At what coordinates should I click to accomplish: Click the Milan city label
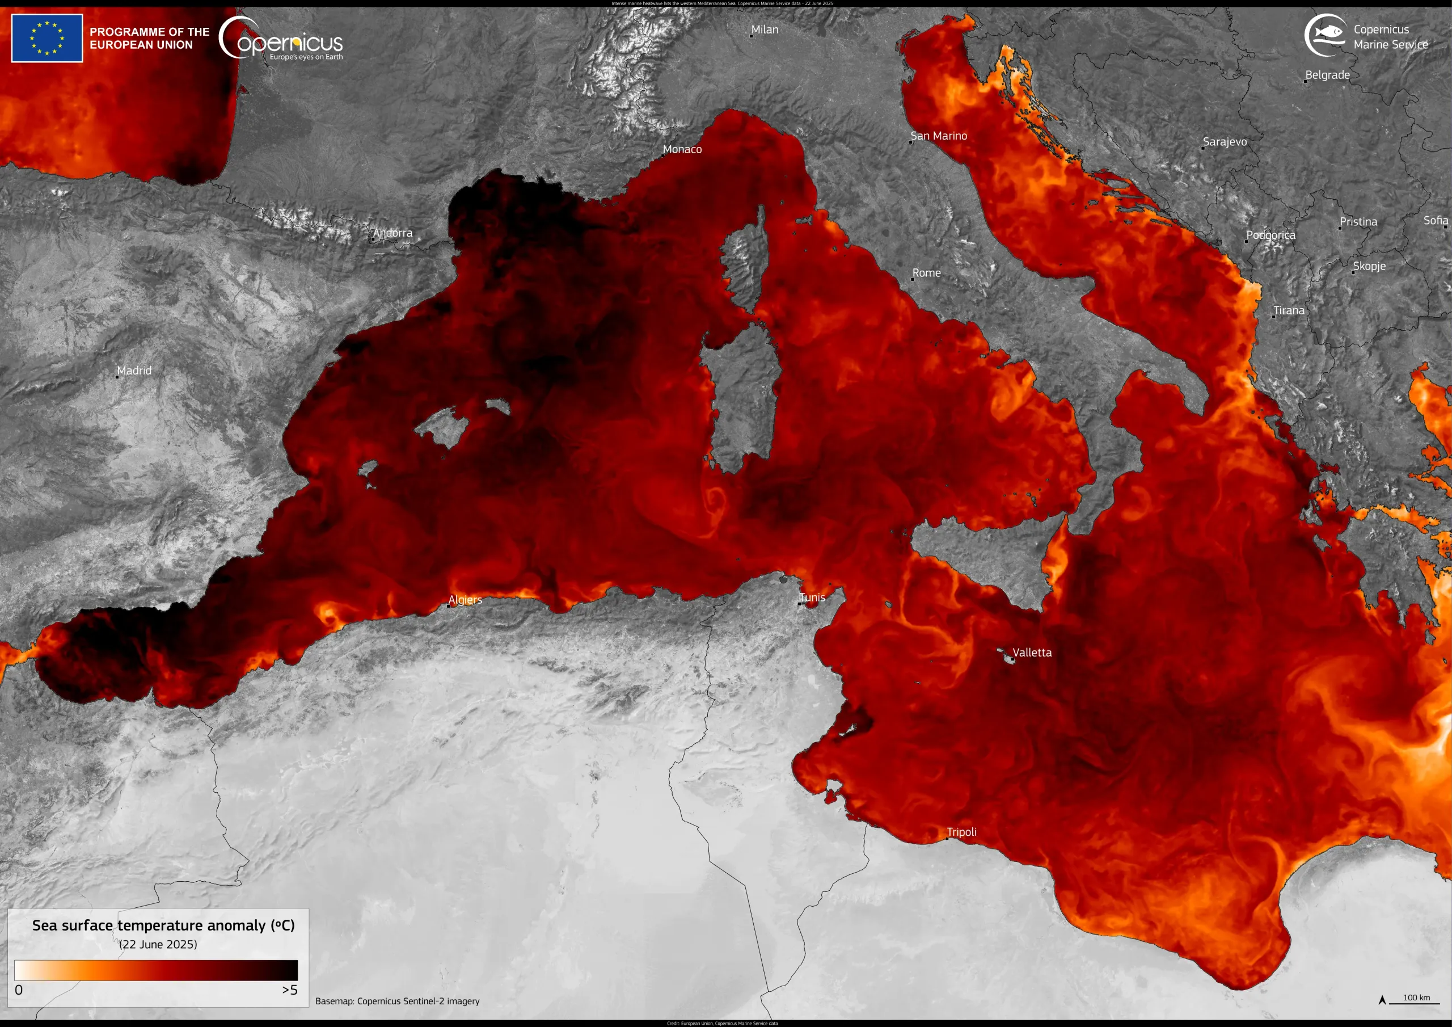765,30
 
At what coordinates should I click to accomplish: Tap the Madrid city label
134,370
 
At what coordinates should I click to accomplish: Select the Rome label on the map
926,273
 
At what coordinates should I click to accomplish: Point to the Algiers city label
465,599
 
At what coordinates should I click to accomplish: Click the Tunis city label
812,597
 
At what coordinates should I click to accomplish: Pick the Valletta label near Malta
1032,653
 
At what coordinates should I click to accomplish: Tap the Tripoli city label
961,831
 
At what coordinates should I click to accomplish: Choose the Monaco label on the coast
682,149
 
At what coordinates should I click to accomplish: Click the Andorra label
392,233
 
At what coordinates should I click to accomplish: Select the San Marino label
939,136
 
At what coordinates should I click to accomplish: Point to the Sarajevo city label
1225,142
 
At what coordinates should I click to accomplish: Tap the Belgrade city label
1327,75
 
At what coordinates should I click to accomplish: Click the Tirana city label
1289,310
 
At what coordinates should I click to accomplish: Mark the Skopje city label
1369,266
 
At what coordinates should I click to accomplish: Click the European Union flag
47,39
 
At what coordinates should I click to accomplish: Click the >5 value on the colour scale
290,990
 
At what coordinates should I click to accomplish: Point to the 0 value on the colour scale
18,990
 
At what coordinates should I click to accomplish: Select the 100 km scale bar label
1417,997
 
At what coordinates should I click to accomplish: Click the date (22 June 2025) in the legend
158,944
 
